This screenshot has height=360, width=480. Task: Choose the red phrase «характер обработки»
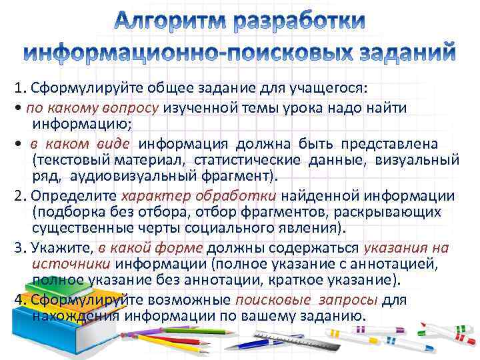coord(199,196)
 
